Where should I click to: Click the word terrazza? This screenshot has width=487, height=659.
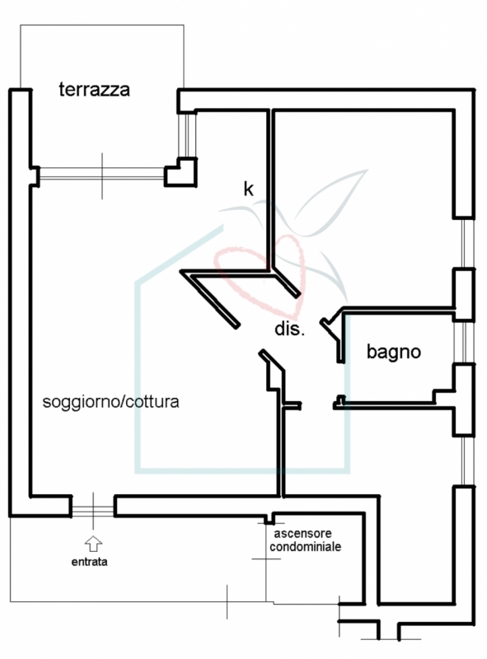(x=94, y=90)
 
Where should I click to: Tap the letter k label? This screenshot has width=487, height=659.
(x=249, y=189)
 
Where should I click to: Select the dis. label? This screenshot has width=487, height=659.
(x=289, y=329)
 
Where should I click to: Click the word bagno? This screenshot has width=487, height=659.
(x=394, y=352)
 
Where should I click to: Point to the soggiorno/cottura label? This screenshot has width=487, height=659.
(x=110, y=402)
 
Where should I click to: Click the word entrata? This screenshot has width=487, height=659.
(x=89, y=562)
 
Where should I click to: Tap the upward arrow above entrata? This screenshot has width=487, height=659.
(x=93, y=544)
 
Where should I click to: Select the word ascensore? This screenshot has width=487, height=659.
(x=302, y=533)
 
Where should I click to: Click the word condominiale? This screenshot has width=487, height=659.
(x=306, y=547)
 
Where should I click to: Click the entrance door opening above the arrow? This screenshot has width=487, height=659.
(x=93, y=511)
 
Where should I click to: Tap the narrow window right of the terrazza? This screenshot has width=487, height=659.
(x=187, y=134)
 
